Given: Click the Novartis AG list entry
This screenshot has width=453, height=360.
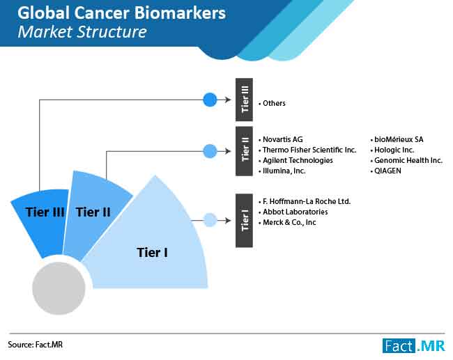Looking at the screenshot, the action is [x=283, y=139].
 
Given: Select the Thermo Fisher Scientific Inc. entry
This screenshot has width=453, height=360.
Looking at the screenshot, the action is [x=309, y=150].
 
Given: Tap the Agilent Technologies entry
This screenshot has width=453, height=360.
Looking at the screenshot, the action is [x=298, y=160].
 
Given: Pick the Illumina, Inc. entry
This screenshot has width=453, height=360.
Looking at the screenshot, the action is [x=284, y=171].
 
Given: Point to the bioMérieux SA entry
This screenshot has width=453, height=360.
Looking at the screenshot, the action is [x=399, y=139].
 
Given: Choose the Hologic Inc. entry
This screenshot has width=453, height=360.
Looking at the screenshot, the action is [x=394, y=150].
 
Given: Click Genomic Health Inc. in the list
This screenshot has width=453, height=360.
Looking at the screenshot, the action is [x=408, y=160].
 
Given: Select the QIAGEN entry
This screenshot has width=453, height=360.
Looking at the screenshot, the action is [x=387, y=171].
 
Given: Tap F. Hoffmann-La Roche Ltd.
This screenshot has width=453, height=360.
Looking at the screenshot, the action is [x=307, y=201].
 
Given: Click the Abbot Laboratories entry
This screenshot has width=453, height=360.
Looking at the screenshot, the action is [x=295, y=212].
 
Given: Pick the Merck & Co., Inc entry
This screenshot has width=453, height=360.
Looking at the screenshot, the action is [x=289, y=222].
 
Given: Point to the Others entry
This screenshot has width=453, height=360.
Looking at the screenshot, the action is [x=274, y=103].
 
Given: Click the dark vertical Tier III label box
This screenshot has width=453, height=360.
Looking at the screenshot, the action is [x=244, y=100].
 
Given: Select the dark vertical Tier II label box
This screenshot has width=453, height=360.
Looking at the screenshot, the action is [x=244, y=151].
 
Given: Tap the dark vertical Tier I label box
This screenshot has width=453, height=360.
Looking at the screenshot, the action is [x=244, y=221].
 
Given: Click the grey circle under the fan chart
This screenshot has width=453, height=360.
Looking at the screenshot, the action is [x=59, y=288].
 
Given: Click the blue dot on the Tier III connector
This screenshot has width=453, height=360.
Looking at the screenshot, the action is [x=210, y=100].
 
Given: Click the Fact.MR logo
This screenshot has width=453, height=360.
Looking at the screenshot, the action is [x=414, y=345].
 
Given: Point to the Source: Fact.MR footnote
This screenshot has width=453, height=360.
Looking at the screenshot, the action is [x=35, y=345].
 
